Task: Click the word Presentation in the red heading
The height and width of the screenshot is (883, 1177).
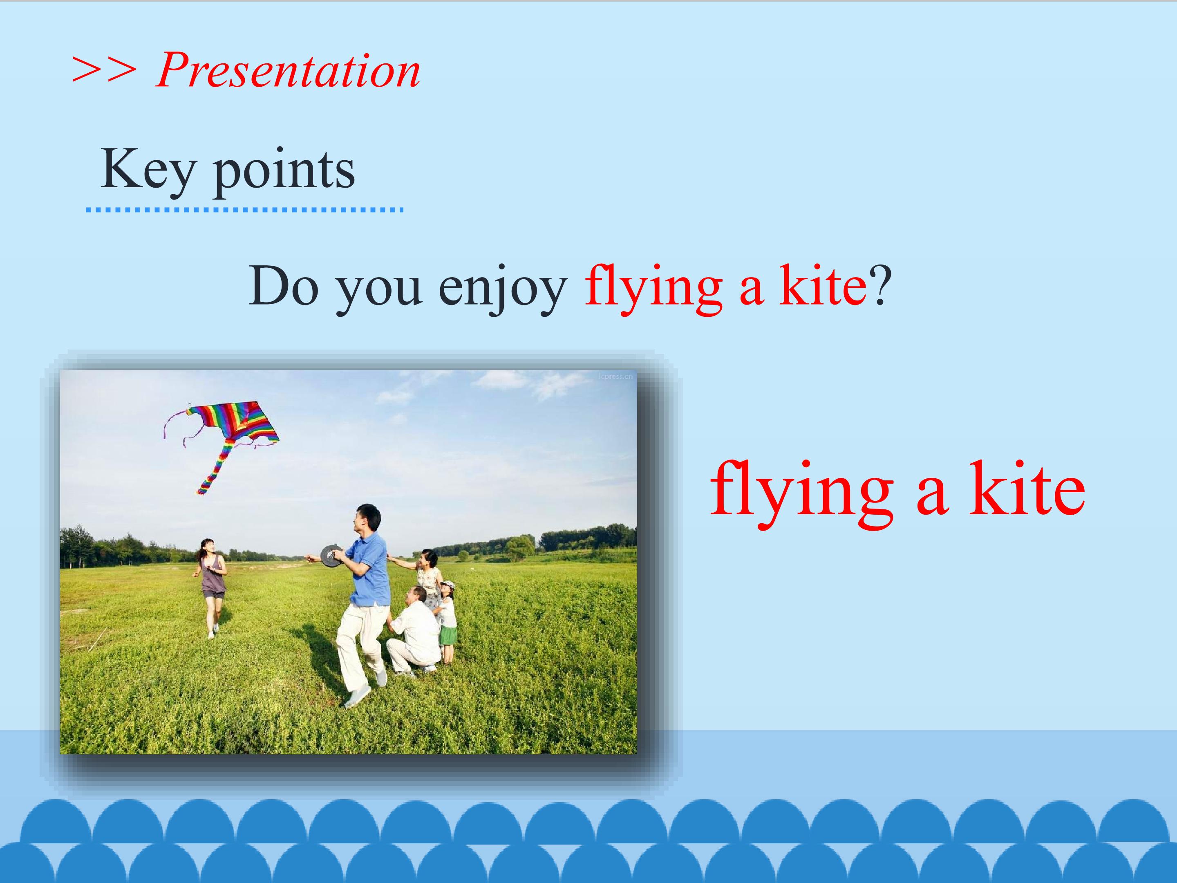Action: coord(288,71)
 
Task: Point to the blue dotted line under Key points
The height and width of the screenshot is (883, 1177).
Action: coord(244,210)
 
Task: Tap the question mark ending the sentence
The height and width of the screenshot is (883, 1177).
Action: coord(879,285)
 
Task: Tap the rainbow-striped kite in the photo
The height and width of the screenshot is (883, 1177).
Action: coord(229,428)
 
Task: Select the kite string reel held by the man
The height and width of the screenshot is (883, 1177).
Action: coord(331,556)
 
